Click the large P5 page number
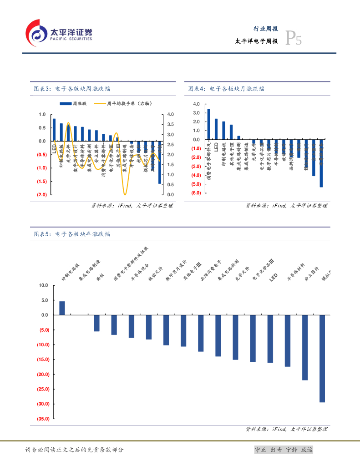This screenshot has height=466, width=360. (293, 40)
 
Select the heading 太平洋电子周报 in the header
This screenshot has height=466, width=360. (256, 41)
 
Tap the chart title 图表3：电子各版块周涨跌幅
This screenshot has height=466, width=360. (72, 89)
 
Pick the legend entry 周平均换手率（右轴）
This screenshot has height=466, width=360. (123, 104)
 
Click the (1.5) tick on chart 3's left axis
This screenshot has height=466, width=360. (42, 182)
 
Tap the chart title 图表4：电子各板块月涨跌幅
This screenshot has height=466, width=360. (226, 89)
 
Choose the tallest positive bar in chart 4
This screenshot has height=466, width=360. (208, 124)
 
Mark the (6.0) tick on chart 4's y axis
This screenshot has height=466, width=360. (196, 193)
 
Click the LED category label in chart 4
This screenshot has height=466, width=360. (216, 147)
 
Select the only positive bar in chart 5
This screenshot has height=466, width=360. (62, 308)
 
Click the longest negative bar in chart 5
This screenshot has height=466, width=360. (322, 358)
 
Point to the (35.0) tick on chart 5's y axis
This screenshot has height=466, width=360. (42, 419)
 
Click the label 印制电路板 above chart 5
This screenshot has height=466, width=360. (71, 272)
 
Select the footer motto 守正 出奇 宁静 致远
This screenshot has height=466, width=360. (284, 450)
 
